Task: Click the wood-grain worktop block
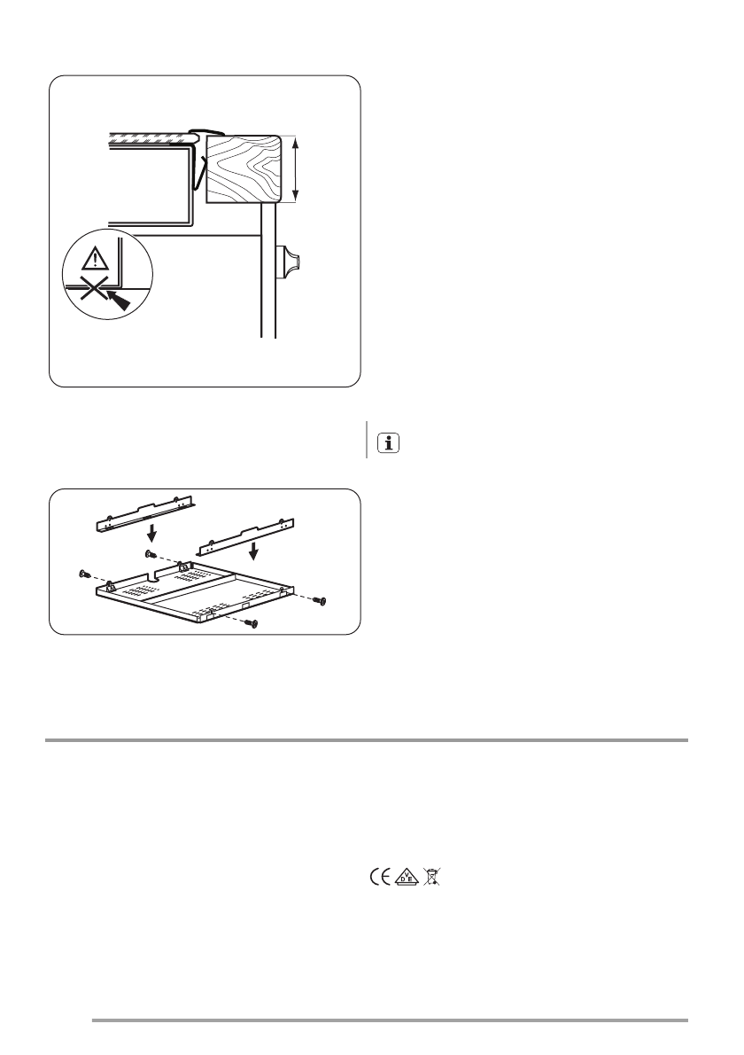[244, 168]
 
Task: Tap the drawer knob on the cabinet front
[291, 262]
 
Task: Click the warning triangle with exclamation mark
[94, 261]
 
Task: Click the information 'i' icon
[387, 444]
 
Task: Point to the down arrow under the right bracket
[254, 552]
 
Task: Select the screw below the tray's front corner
[253, 625]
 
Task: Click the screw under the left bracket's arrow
[150, 552]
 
